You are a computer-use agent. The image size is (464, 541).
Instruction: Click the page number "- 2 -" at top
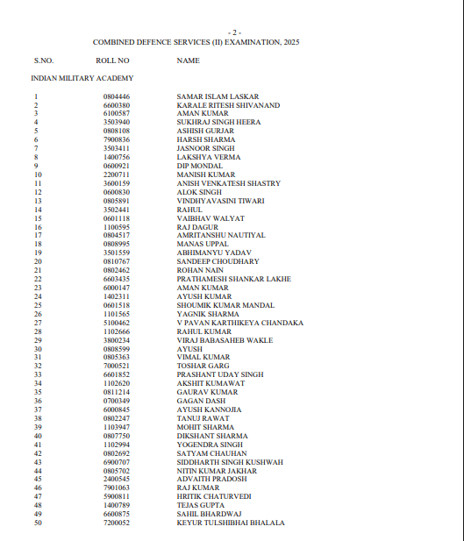click(x=233, y=32)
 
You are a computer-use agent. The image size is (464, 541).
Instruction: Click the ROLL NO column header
click(x=112, y=61)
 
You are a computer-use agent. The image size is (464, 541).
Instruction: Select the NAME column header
click(x=188, y=61)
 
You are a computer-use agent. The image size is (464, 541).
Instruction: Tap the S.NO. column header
click(x=44, y=61)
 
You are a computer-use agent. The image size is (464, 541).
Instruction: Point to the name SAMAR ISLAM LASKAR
click(x=211, y=96)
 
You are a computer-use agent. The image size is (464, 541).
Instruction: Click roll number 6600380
click(x=116, y=105)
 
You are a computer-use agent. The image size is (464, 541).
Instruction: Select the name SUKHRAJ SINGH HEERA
click(x=218, y=123)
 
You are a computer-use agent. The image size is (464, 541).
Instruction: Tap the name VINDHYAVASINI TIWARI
click(x=219, y=201)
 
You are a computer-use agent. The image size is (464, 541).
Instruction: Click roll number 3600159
click(x=116, y=183)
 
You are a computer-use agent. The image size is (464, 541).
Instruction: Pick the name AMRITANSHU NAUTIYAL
click(x=221, y=235)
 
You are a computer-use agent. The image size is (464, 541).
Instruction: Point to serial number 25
click(x=38, y=305)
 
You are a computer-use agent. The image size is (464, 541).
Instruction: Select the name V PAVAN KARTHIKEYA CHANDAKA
click(x=240, y=323)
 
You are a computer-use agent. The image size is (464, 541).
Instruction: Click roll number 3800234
click(x=116, y=340)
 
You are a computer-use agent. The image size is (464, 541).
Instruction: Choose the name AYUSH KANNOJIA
click(x=210, y=409)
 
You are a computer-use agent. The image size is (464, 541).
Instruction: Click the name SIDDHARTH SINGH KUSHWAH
click(x=230, y=462)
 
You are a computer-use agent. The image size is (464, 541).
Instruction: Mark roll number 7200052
click(x=116, y=523)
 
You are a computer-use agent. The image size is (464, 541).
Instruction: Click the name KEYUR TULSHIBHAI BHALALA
click(x=231, y=523)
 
